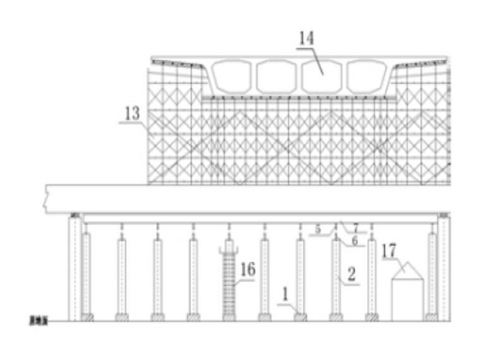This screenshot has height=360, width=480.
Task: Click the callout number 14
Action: pos(306,38)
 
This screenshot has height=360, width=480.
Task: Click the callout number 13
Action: pos(132,114)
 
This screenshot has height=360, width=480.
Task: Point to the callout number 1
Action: pos(285,294)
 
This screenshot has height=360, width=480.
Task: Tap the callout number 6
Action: pos(355,241)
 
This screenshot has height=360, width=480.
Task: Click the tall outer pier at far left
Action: pos(74,268)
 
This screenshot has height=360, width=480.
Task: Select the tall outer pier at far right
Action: pos(444,268)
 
